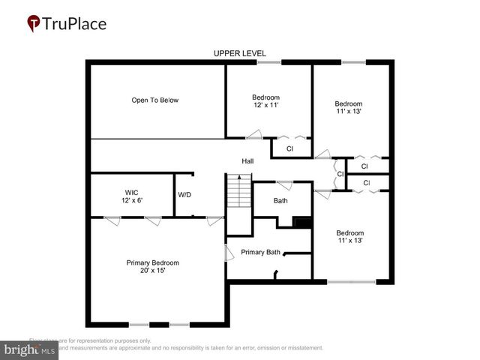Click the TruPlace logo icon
33,23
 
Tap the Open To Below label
155,100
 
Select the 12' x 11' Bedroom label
265,101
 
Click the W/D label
184,195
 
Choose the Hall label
247,161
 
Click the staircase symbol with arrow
238,192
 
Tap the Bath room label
280,200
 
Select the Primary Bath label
260,252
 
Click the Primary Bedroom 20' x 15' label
152,266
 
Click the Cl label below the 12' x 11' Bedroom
289,149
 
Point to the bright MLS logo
30,349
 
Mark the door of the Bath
284,184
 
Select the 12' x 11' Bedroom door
254,134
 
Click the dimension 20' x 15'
152,271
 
